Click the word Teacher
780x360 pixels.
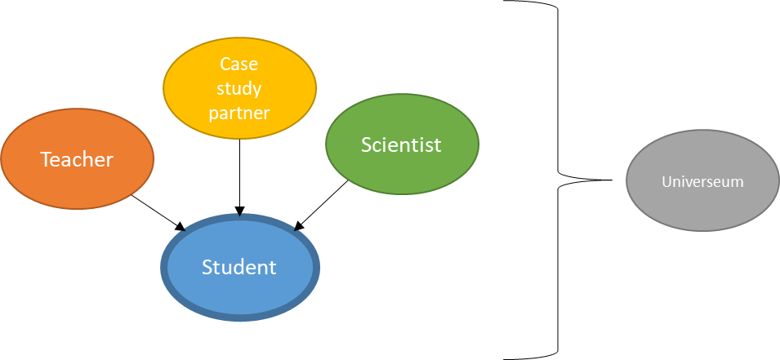[77, 159]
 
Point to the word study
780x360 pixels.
[239, 89]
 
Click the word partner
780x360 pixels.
[239, 113]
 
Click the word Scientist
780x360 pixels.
[401, 144]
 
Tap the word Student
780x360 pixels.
[239, 267]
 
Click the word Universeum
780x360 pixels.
[702, 181]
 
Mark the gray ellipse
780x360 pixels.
[702, 208]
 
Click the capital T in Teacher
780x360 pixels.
[46, 159]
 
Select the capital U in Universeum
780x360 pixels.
[666, 181]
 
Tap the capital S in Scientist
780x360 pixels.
[367, 144]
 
